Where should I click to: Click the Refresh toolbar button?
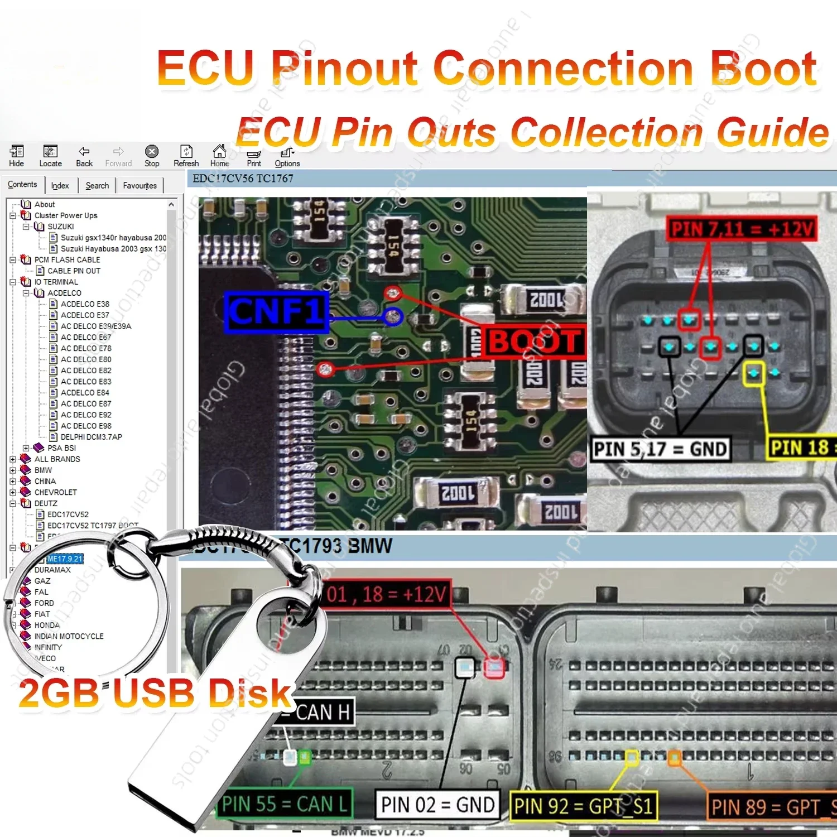186,156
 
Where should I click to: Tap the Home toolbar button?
219,156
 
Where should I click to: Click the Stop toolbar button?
152,156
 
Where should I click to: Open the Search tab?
97,185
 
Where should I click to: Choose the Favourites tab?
139,185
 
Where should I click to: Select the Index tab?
60,185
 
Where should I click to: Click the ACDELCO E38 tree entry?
85,304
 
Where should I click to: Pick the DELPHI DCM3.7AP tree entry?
91,437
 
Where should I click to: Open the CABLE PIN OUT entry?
74,271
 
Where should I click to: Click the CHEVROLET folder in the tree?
55,492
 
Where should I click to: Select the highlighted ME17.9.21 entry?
65,559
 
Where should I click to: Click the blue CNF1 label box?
276,312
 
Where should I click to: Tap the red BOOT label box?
535,341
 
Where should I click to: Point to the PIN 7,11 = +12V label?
742,229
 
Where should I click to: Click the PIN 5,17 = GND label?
660,449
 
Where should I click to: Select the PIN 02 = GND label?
437,805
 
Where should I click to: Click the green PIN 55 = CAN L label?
285,804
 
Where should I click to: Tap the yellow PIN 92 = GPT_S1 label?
583,806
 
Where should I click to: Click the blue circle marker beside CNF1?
393,317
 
